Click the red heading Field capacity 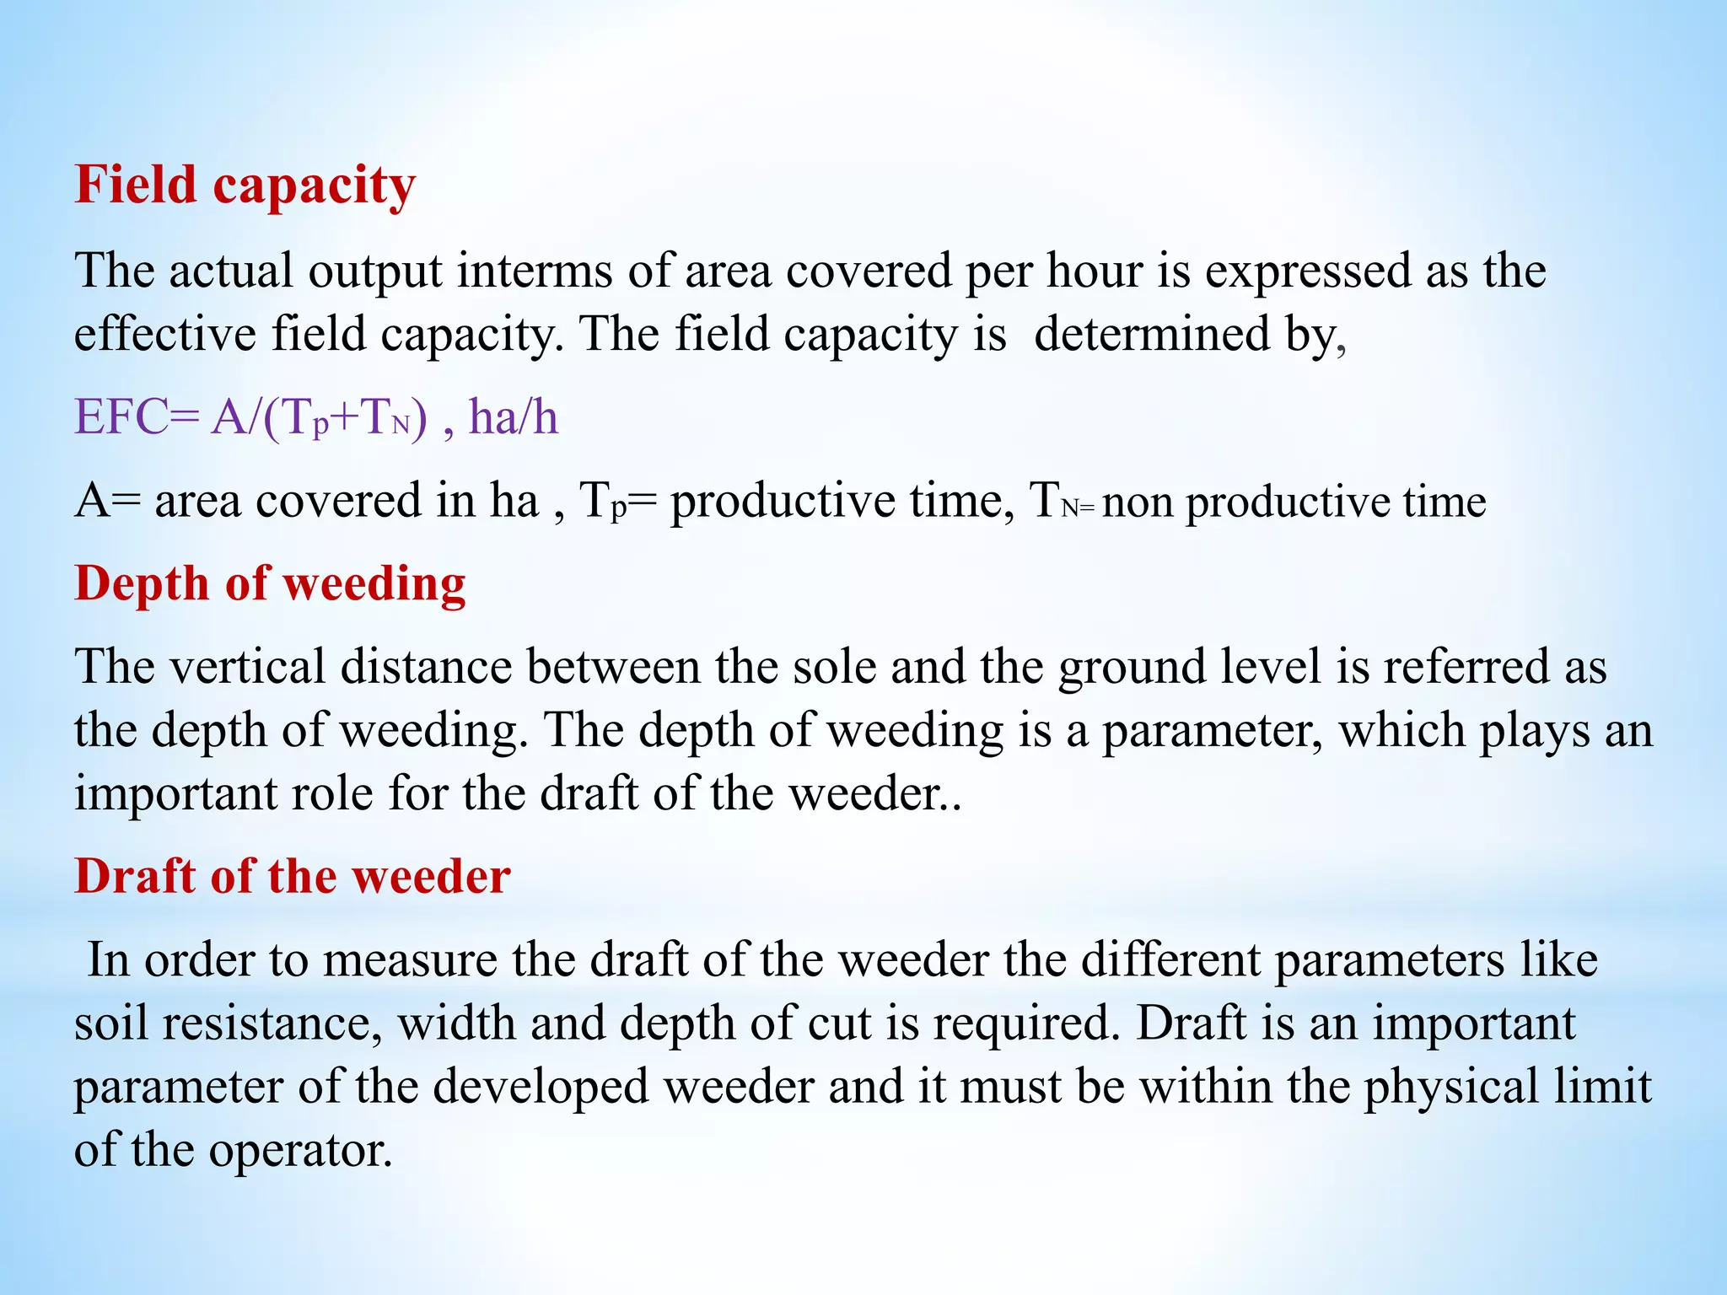pos(245,185)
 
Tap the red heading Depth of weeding pos(270,583)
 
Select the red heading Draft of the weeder pos(292,876)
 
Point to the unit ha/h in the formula pos(513,416)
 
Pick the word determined pos(1152,335)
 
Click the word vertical pos(248,667)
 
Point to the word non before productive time pos(1138,502)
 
